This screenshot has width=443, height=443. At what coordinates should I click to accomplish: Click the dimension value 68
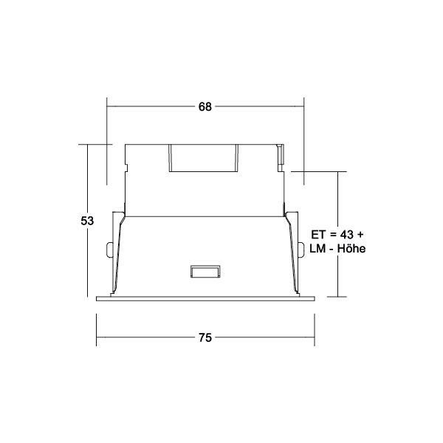[x=205, y=107]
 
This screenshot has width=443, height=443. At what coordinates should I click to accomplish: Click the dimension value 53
[x=87, y=221]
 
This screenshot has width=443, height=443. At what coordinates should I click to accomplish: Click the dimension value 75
[x=205, y=337]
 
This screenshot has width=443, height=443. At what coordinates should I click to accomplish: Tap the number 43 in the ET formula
[x=347, y=234]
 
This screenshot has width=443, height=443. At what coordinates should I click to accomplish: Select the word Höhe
[x=351, y=249]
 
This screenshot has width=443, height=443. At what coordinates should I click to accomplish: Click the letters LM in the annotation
[x=317, y=249]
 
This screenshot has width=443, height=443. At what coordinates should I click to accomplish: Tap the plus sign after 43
[x=360, y=235]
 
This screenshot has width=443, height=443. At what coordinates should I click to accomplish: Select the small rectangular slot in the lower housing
[x=205, y=272]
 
